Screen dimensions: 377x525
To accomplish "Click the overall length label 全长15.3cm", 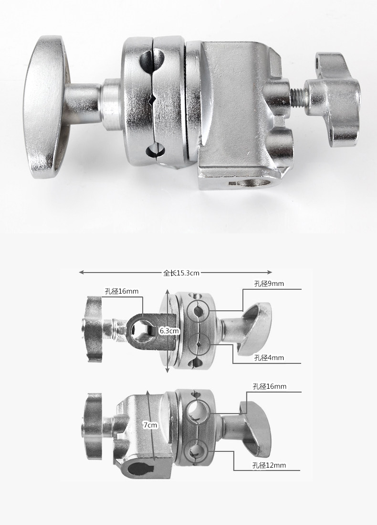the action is [181, 273].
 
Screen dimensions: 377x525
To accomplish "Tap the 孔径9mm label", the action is [269, 284].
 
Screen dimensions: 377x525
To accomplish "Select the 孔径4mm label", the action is [269, 358].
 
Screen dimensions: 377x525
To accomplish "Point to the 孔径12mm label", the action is [269, 465].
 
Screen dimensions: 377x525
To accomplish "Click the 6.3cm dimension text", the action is [169, 331].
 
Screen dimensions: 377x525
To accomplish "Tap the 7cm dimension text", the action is [150, 425].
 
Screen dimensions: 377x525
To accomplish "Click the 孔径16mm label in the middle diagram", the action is [122, 291].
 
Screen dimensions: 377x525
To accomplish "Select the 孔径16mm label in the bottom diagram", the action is [270, 386].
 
